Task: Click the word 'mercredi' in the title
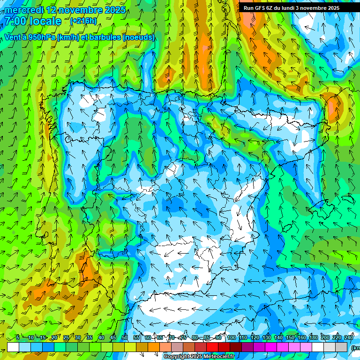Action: (24, 10)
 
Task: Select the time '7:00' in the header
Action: (18, 21)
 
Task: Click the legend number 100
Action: (232, 337)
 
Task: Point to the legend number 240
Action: (349, 337)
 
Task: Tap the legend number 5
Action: (18, 337)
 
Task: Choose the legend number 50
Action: (124, 337)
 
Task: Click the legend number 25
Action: (66, 337)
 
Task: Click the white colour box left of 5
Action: (13, 347)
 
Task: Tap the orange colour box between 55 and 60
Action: (142, 347)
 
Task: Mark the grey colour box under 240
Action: (341, 347)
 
